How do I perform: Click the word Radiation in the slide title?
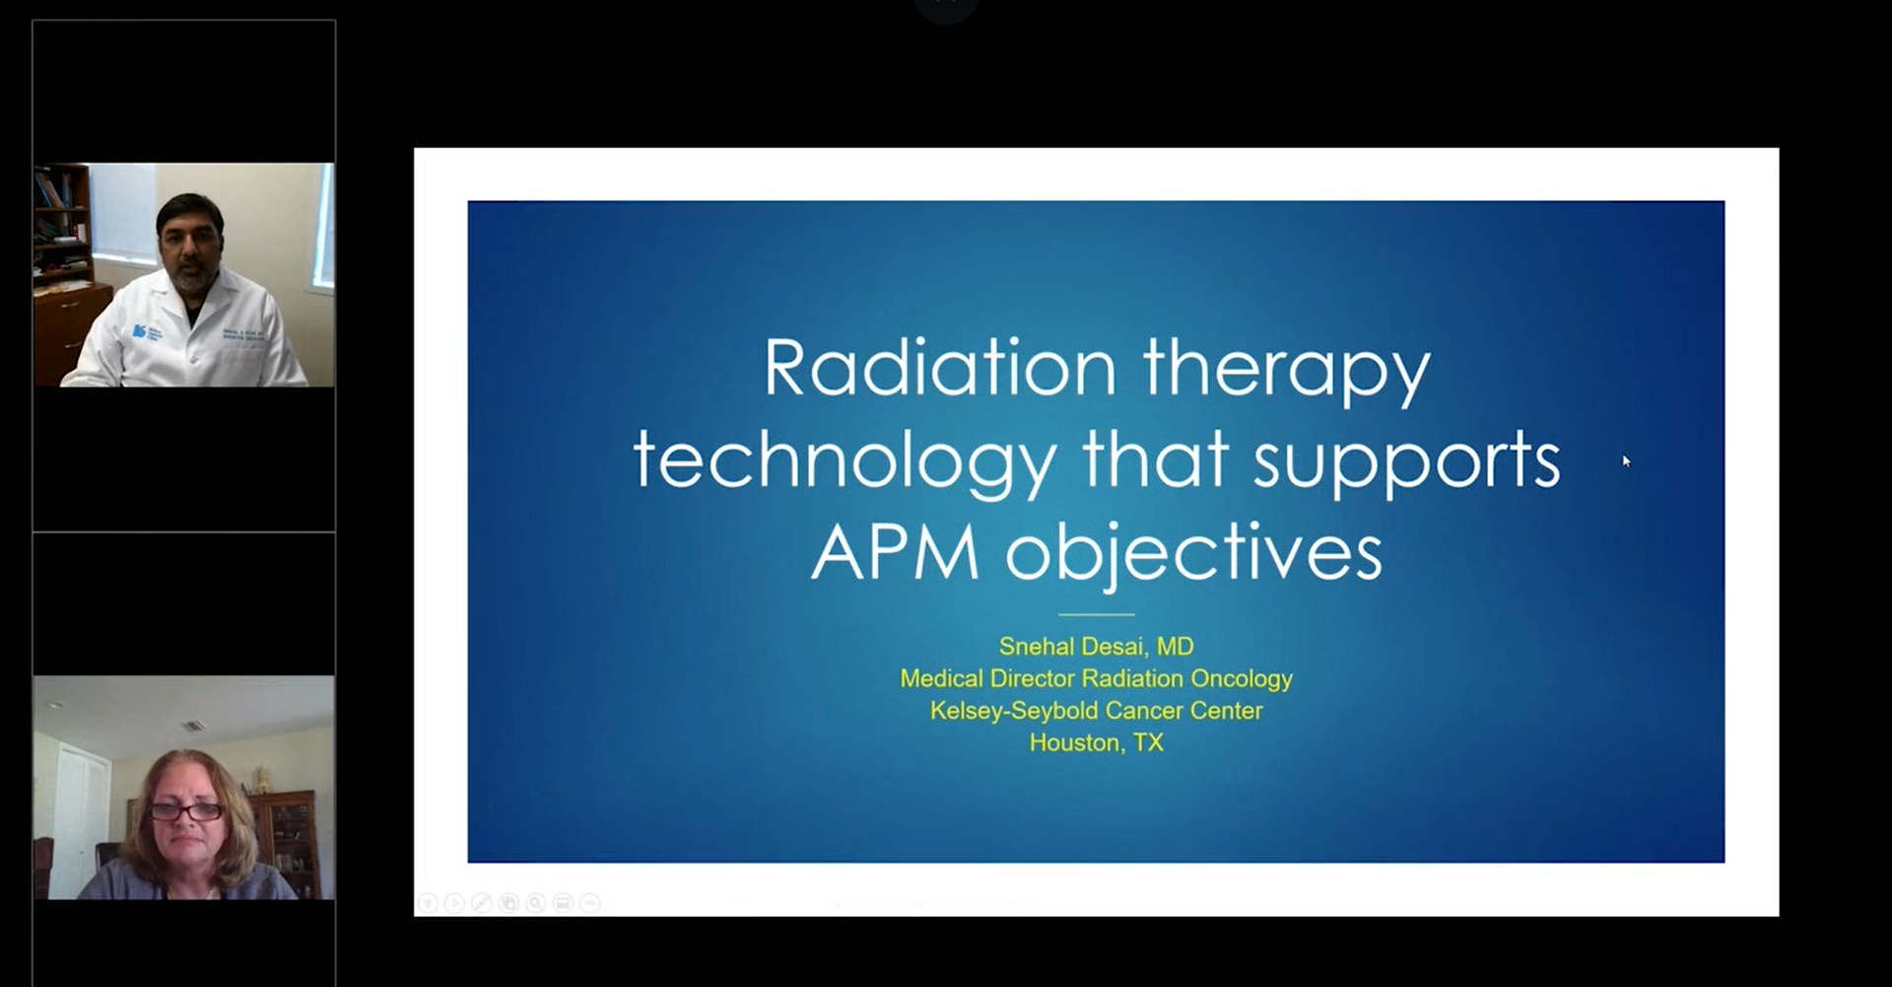(940, 368)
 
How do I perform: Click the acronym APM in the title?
(895, 552)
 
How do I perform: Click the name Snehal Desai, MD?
(1096, 647)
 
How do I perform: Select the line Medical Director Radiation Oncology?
(1096, 679)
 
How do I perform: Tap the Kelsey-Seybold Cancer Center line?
(1096, 711)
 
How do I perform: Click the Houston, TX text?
(1096, 742)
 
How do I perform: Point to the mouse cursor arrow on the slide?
(1626, 460)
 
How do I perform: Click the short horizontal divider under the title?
(1096, 614)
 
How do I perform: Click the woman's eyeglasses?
(185, 811)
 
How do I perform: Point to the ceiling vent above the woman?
(194, 726)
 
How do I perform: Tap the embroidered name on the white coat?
(242, 333)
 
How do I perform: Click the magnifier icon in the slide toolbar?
(536, 902)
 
